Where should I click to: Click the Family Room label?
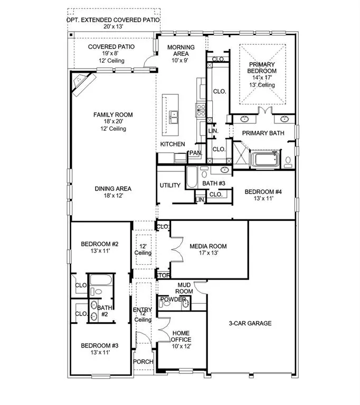(x=113, y=114)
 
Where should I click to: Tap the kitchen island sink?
(x=174, y=117)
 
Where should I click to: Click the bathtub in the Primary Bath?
(x=266, y=160)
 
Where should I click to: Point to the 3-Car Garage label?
(x=250, y=323)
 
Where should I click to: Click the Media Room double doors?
(x=177, y=250)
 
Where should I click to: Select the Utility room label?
(x=170, y=185)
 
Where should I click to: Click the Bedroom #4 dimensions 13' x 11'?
(x=263, y=198)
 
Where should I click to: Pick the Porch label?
(x=143, y=362)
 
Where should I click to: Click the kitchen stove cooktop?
(x=201, y=110)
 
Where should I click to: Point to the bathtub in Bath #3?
(x=192, y=177)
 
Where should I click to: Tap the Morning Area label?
(x=181, y=51)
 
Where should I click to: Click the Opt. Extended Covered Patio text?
(x=113, y=20)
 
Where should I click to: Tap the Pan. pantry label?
(x=195, y=153)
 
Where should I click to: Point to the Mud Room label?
(x=184, y=288)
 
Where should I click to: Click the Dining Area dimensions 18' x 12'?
(x=113, y=196)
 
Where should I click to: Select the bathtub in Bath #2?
(x=101, y=280)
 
